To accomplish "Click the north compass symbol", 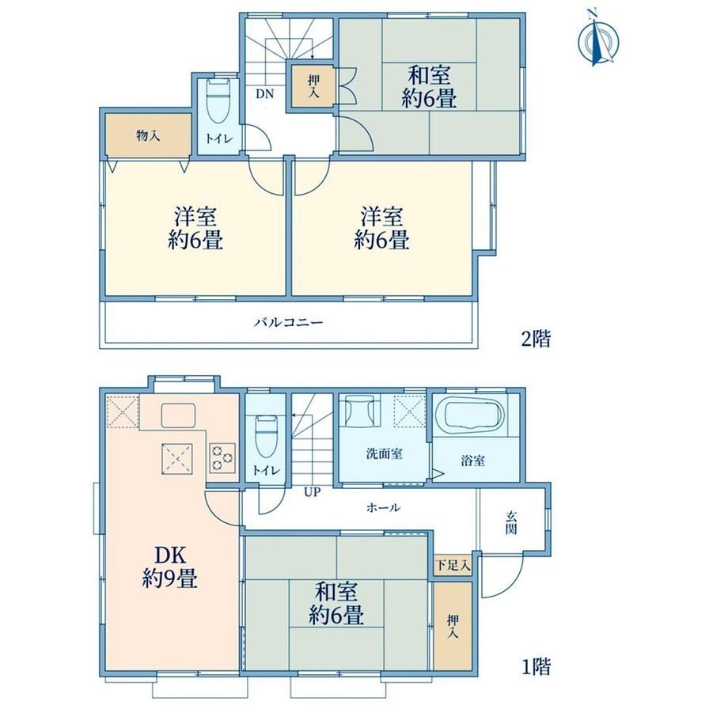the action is pos(598,40).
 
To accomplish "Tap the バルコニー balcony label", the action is pos(288,322).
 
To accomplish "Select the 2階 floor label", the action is pos(536,339).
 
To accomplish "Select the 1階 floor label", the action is pos(537,667).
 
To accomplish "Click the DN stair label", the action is pos(265,94).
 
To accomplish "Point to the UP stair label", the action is pos(312,492).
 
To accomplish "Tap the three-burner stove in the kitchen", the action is pos(222,458).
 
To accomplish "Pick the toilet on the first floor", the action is pos(266,437).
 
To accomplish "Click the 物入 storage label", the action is pos(149,136).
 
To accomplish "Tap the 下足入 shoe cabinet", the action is pos(453,566).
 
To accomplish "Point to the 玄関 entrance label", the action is pos(511,522).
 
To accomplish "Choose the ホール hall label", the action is pos(383,507).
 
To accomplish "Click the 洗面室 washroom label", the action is pos(384,453).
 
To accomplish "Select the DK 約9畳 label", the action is pos(170,567).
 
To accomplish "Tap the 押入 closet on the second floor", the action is pos(313,87).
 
